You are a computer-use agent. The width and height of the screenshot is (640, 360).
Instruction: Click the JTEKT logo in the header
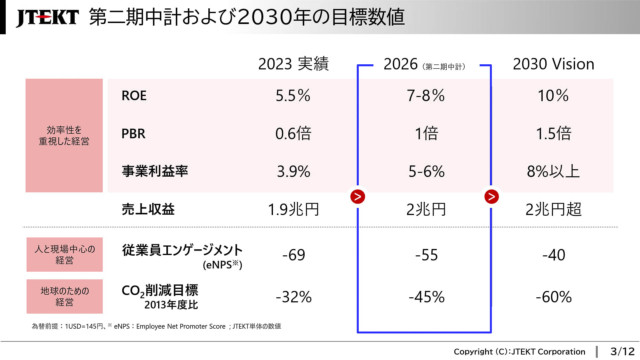pos(47,17)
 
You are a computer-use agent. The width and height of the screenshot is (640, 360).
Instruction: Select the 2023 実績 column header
pos(293,64)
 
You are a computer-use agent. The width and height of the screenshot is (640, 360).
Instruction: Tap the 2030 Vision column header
pos(553,64)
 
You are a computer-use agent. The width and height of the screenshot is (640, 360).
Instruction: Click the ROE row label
pos(134,96)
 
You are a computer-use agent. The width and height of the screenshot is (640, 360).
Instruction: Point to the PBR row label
pos(133,134)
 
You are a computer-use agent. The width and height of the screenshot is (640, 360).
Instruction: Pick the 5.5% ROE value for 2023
pos(293,96)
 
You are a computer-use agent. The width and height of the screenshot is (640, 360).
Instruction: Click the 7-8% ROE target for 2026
pos(425,96)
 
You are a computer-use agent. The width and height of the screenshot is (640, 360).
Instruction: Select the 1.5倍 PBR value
pos(553,134)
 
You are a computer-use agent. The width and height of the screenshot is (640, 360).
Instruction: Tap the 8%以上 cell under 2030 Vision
pos(553,172)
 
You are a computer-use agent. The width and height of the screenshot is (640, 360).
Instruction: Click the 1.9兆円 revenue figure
pos(293,210)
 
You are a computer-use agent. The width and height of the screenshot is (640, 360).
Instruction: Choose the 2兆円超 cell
pos(553,210)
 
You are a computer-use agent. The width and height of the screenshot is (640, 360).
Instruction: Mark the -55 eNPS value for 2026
pos(426,255)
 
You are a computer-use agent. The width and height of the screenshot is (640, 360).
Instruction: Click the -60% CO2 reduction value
pos(553,297)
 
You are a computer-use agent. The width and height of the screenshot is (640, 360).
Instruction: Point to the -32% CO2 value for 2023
pos(293,297)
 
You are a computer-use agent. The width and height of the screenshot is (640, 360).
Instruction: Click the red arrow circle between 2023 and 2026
pos(358,197)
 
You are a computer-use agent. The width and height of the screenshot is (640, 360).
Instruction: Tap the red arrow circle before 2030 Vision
pos(491,197)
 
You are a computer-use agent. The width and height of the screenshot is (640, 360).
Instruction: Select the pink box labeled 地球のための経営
pos(64,296)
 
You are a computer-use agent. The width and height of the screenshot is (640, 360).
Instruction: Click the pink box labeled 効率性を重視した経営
pos(64,135)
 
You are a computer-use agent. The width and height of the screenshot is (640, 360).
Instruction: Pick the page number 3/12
pos(622,351)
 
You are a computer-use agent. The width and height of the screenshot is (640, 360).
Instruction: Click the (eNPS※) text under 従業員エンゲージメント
pos(222,265)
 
